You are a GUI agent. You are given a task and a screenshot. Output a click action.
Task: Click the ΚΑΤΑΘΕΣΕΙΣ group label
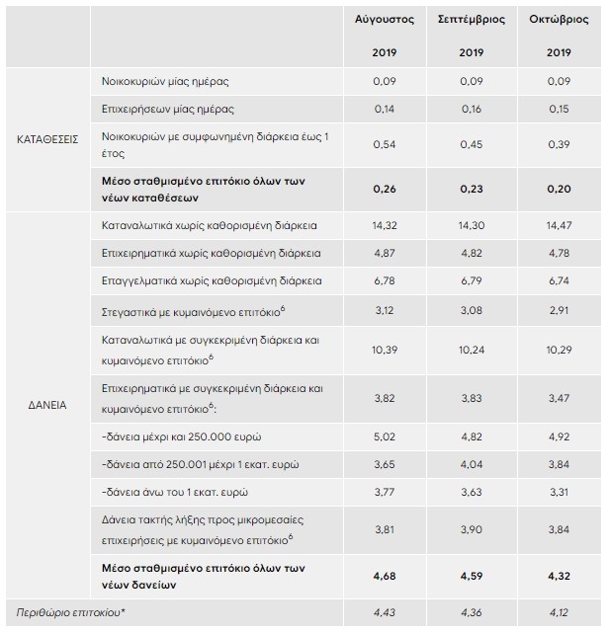click(x=46, y=139)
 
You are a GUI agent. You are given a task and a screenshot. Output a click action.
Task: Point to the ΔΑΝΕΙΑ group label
click(x=46, y=405)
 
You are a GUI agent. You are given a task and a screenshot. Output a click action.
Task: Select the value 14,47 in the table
click(x=559, y=226)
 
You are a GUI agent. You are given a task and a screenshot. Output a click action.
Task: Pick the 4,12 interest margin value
click(x=559, y=614)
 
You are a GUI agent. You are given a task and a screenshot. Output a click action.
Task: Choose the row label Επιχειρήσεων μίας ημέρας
click(x=167, y=108)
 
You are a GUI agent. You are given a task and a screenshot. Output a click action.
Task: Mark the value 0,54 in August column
click(x=385, y=144)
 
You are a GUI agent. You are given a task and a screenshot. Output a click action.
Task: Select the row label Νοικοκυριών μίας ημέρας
click(x=165, y=80)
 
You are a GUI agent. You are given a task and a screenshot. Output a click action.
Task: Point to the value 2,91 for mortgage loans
click(x=559, y=310)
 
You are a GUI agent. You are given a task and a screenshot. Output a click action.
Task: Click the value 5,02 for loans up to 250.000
click(x=385, y=435)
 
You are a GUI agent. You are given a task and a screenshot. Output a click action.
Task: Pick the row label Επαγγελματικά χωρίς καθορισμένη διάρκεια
click(x=212, y=281)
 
